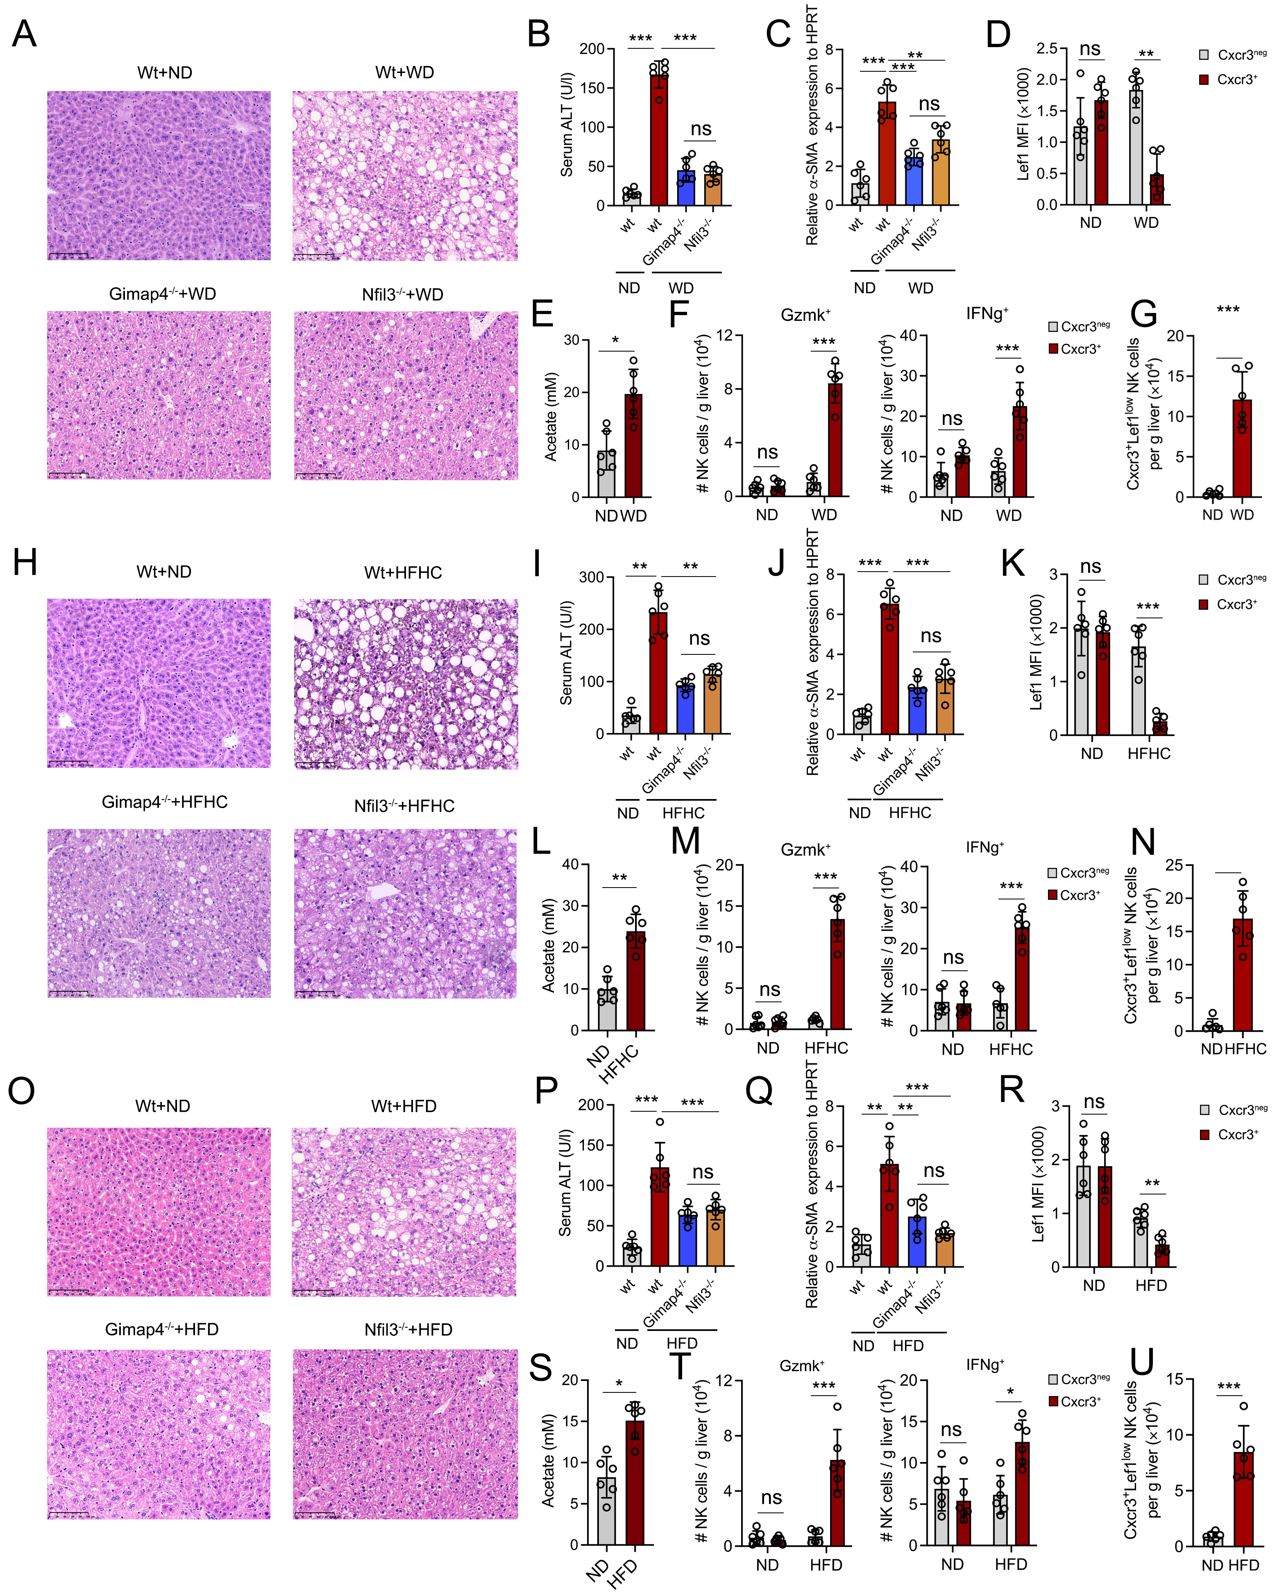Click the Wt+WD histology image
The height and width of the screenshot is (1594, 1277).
point(405,176)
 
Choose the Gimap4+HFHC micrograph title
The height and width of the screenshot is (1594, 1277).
point(165,802)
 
